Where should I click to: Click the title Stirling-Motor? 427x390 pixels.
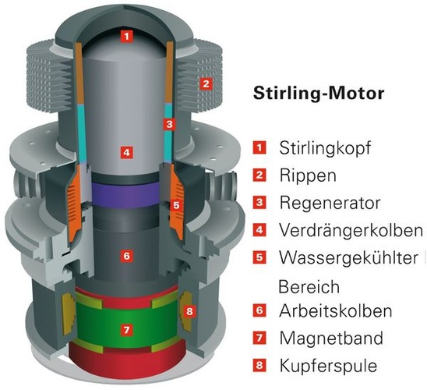[x=319, y=94]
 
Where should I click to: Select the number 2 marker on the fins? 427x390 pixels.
[x=205, y=83]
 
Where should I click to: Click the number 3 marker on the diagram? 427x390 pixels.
[x=168, y=124]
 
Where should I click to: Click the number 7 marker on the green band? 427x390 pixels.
[x=125, y=330]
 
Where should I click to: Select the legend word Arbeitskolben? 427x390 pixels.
[x=334, y=310]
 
